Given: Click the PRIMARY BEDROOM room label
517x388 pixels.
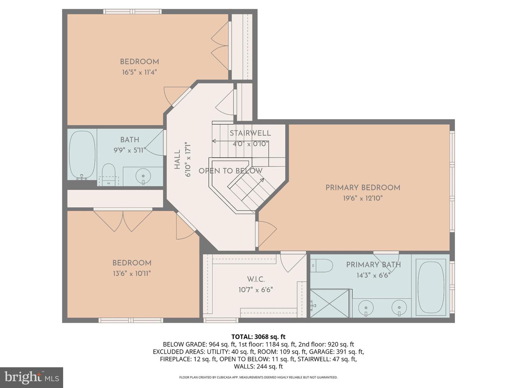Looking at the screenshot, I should point(363,188).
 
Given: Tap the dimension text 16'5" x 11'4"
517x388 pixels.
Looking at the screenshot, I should point(139,72).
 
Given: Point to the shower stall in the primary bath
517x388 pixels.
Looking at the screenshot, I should point(330,304).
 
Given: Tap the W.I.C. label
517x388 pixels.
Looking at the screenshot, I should point(256,279).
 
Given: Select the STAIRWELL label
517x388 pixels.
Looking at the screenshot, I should point(250,133).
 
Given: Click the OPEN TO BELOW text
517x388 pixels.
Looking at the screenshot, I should point(230,171).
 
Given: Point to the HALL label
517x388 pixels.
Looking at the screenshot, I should point(177,160).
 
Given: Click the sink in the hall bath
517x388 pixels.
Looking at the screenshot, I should point(143,176).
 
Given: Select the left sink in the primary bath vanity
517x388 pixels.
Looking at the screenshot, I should point(366,308).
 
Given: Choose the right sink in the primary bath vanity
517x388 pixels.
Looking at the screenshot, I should point(399,308).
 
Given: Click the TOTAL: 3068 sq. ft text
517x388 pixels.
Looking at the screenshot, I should point(258,337).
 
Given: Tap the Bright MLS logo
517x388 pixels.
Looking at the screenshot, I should point(32,377).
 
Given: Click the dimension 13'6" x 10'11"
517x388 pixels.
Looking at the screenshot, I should point(131,274).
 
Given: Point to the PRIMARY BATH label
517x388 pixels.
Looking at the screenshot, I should point(373,265).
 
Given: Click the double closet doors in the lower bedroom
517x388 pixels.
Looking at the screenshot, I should point(123,220).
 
